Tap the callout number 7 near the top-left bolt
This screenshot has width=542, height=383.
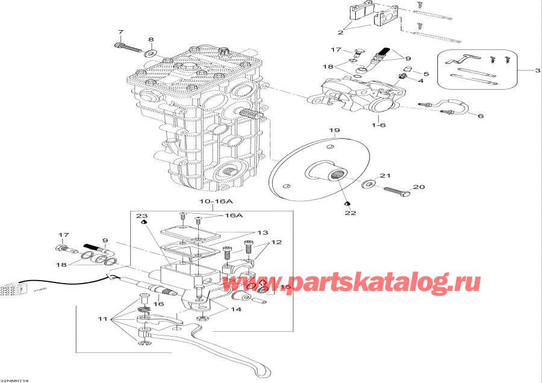click(x=120, y=32)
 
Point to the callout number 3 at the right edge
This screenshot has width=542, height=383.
click(x=538, y=71)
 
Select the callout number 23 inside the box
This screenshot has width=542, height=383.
click(x=142, y=216)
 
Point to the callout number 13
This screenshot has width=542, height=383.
click(x=263, y=233)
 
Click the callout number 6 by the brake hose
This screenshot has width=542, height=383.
click(x=480, y=116)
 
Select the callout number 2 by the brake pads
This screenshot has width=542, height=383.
click(x=340, y=32)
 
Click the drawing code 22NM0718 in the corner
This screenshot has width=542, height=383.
click(x=14, y=381)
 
